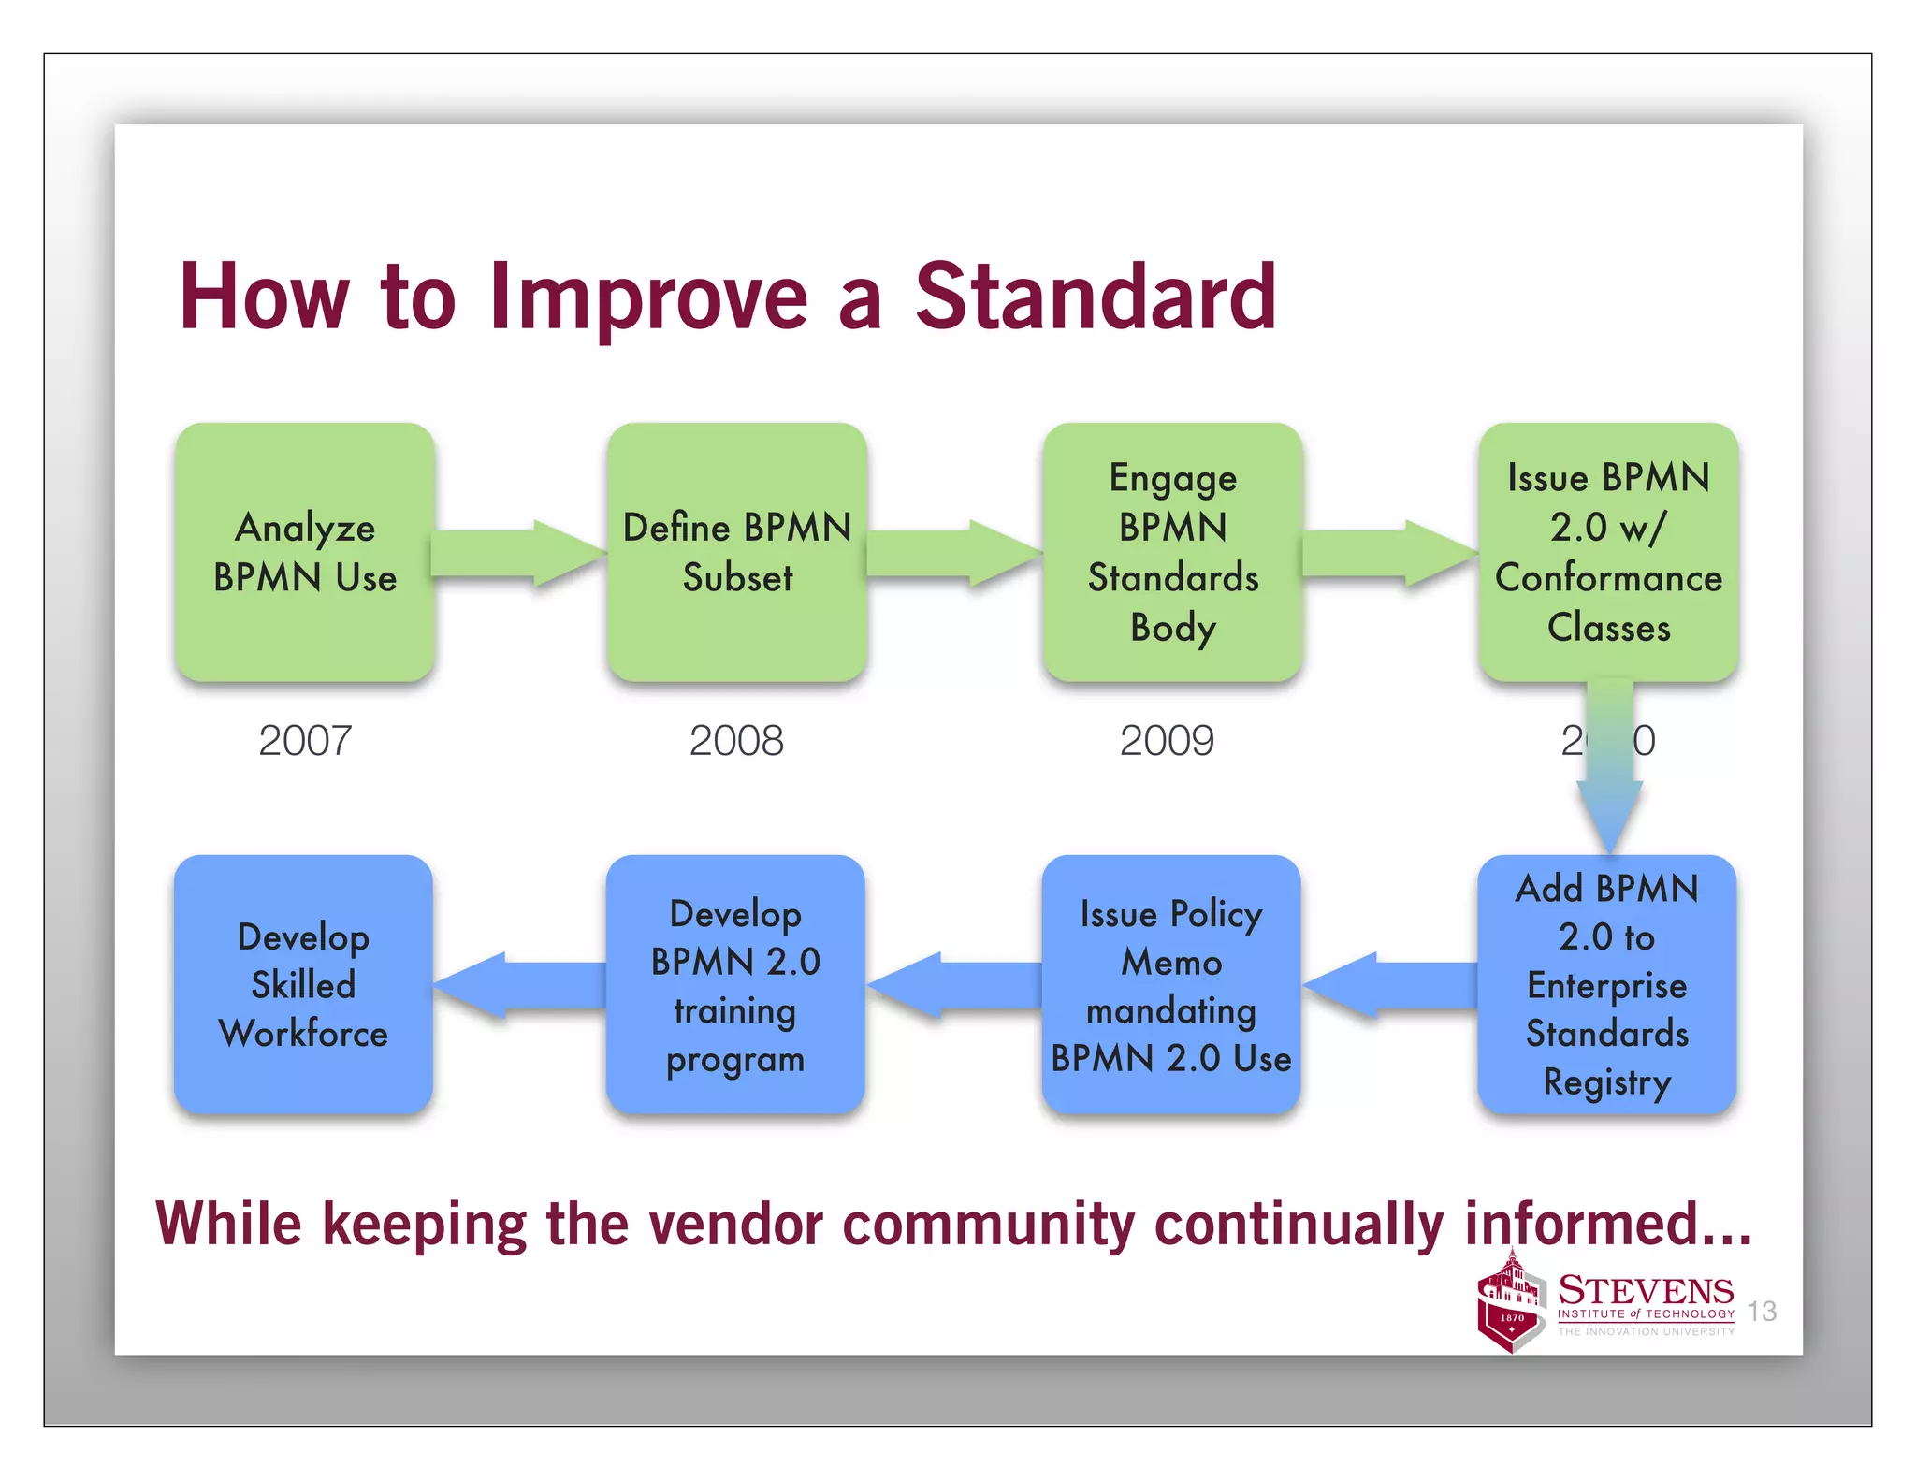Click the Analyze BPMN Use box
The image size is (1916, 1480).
tap(305, 552)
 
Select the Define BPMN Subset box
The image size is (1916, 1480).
tap(737, 552)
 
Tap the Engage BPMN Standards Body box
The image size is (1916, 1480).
tap(1173, 552)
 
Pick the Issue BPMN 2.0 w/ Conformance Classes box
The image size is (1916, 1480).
tap(1608, 552)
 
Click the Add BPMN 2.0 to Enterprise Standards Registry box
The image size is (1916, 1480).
tap(1607, 984)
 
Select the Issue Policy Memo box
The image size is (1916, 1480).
tap(1171, 984)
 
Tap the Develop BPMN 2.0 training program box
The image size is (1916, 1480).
tap(735, 984)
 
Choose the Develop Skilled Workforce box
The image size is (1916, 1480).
tap(303, 984)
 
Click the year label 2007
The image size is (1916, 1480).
tap(305, 741)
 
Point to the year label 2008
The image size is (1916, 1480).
tap(736, 741)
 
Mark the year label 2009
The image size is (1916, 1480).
tap(1167, 741)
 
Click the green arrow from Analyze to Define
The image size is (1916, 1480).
tap(519, 553)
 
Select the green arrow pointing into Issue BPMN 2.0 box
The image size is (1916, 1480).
tap(1389, 553)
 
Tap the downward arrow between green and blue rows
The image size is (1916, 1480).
tap(1609, 767)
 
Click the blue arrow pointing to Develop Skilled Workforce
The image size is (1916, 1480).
tap(519, 985)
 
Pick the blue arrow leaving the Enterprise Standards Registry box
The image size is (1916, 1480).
tap(1389, 985)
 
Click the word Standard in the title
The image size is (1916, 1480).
tap(1095, 297)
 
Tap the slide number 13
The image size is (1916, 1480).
tap(1762, 1311)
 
